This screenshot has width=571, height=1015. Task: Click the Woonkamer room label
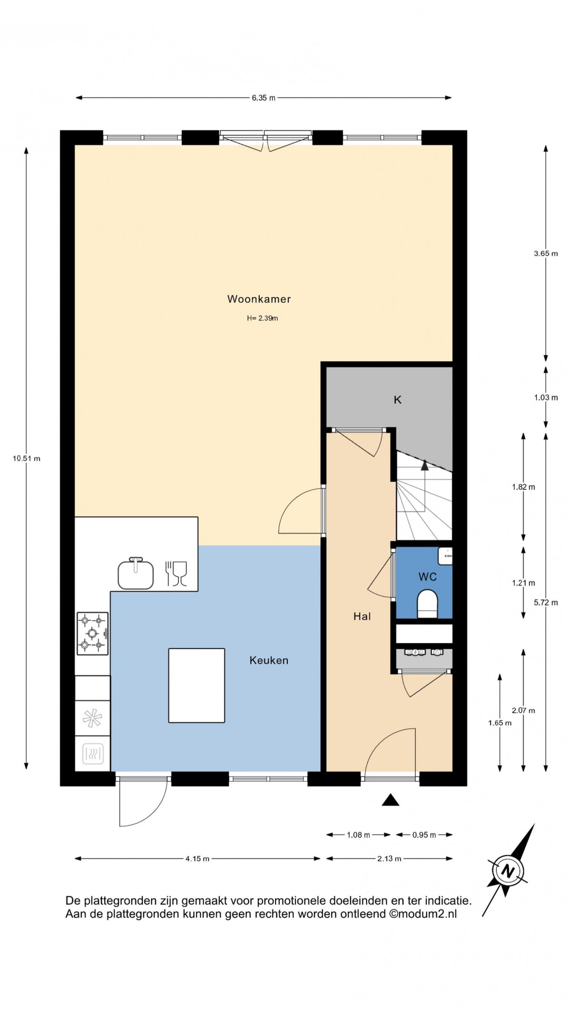(x=259, y=299)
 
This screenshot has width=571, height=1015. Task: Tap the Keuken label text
(x=269, y=660)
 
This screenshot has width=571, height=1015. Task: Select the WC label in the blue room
(x=427, y=577)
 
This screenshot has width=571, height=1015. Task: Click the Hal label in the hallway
(x=362, y=617)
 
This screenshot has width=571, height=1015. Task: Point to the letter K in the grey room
(x=397, y=400)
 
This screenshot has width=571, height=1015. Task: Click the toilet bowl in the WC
(x=427, y=604)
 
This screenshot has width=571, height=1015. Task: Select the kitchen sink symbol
(x=136, y=573)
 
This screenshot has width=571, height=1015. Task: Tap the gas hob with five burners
(x=93, y=633)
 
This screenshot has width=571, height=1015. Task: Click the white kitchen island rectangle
(x=197, y=685)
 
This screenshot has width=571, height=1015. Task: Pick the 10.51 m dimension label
(x=27, y=458)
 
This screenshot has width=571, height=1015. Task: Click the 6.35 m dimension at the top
(x=264, y=98)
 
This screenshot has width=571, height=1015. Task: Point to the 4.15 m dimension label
(x=197, y=859)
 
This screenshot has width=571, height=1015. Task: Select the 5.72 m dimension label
(x=546, y=602)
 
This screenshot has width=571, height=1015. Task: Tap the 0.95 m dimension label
(x=424, y=835)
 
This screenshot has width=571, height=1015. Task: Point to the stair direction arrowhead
(x=424, y=465)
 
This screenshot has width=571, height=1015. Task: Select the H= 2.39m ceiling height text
(x=262, y=318)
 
